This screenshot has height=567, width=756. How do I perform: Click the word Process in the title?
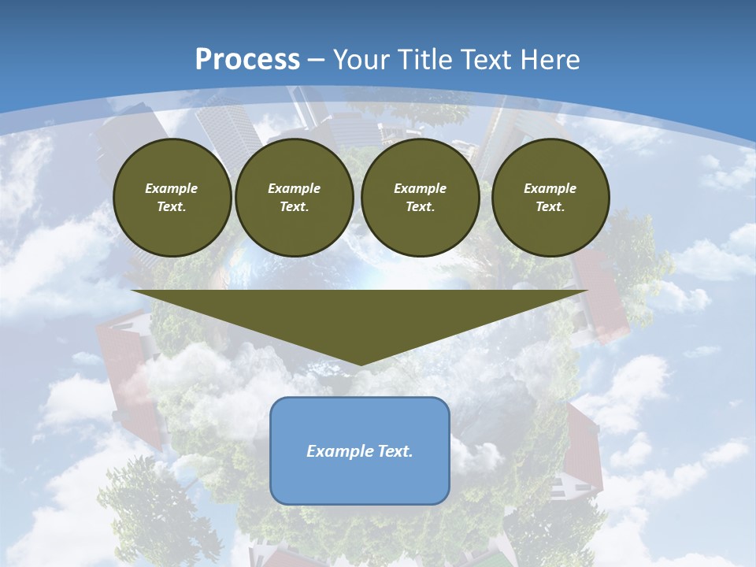pos(247,60)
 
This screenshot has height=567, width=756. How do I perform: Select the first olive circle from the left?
pos(172,198)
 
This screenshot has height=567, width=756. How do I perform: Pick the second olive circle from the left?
pos(295,198)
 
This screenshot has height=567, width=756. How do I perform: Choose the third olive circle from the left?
pos(421,198)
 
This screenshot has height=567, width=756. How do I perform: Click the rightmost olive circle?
pos(550,198)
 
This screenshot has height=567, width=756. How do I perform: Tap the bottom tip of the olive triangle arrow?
pos(360,364)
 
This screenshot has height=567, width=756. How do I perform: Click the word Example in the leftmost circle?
pos(172,188)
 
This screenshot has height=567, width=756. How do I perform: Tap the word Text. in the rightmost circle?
pos(550,206)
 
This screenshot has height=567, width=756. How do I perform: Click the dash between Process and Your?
pos(317,60)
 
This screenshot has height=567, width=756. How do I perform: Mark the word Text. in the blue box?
pos(394,451)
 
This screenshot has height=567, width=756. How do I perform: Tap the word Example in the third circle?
pos(421,188)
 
